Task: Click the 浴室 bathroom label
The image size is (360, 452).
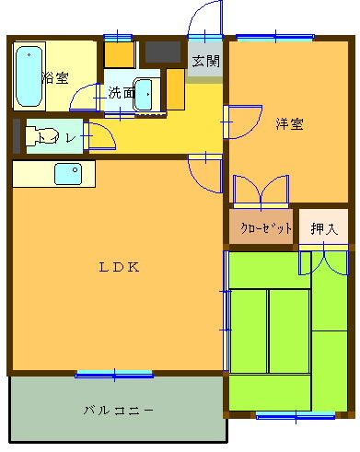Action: click(56, 77)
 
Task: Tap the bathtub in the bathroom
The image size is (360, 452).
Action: click(29, 76)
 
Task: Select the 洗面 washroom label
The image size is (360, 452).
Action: click(120, 92)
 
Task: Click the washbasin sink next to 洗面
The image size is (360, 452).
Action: click(145, 93)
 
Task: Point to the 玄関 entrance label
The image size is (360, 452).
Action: click(205, 62)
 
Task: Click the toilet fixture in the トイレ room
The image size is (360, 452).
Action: click(41, 137)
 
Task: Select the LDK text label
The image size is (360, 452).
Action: click(119, 268)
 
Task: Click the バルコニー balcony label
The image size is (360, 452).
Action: click(118, 409)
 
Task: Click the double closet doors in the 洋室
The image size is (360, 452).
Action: click(261, 191)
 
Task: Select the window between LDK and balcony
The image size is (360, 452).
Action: click(114, 373)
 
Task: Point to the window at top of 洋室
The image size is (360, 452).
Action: click(273, 38)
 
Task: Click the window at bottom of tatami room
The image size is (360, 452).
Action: click(295, 415)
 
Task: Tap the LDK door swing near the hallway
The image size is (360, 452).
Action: click(205, 171)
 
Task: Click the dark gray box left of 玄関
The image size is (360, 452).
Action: click(164, 52)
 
